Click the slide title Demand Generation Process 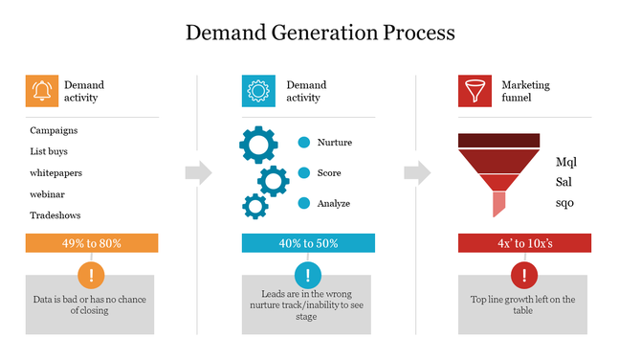[320, 33]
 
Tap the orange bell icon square [41, 91]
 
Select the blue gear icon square [258, 91]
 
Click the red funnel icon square [474, 91]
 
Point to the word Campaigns [54, 130]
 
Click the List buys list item [49, 151]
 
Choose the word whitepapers [55, 172]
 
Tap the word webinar [47, 193]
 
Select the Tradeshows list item [55, 215]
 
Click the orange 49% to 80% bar [91, 243]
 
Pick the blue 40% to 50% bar [308, 243]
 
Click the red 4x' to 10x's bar [524, 243]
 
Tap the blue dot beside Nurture [304, 143]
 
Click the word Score [329, 173]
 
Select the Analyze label [333, 203]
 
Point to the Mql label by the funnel [566, 162]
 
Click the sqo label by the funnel [564, 202]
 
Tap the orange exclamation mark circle [91, 277]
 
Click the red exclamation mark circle [523, 277]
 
